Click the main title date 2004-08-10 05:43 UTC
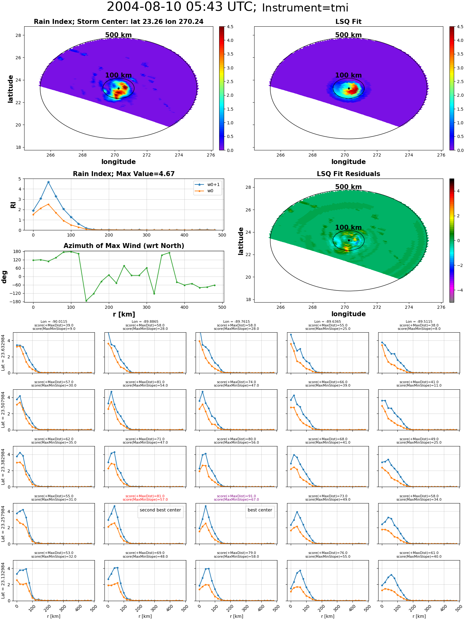[182, 7]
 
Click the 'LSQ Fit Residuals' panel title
[348, 174]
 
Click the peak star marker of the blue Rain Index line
[48, 182]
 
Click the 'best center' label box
[260, 510]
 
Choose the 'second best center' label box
[160, 510]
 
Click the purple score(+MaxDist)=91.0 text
[237, 496]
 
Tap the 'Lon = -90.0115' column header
[54, 322]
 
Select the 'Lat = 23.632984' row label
[3, 353]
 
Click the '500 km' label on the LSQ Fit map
[348, 35]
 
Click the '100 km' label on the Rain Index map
[118, 75]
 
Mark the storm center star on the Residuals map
[349, 240]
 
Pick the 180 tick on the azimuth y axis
[17, 251]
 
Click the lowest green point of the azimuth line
[86, 301]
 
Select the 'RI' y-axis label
[13, 205]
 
